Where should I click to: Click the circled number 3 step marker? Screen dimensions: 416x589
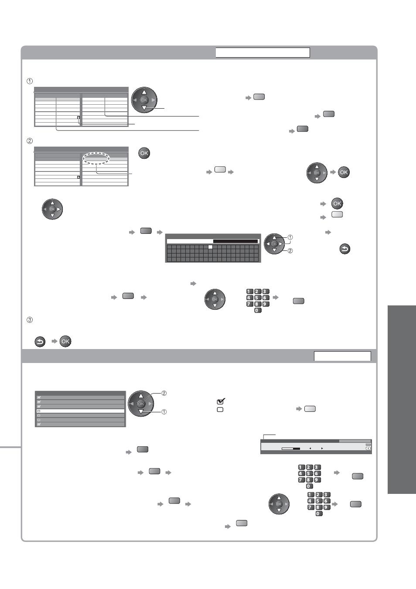30,320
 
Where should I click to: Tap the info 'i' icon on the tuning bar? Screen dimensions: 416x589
368,449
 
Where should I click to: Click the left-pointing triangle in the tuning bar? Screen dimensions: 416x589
310,449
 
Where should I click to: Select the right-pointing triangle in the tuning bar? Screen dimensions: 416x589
322,449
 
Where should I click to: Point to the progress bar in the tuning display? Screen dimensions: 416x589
291,449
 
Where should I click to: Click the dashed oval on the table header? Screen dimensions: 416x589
96,158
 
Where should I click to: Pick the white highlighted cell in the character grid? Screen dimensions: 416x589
210,247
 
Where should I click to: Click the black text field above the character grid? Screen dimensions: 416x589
235,241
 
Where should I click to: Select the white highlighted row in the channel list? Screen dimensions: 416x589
80,411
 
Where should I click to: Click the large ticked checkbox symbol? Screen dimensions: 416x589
221,401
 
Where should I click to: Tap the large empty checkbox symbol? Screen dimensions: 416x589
220,410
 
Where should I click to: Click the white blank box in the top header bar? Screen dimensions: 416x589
263,52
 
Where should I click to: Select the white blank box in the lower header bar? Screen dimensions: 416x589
342,356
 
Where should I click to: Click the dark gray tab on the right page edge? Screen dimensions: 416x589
402,399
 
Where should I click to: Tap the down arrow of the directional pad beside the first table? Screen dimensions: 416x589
144,108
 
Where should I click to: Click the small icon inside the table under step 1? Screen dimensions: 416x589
78,117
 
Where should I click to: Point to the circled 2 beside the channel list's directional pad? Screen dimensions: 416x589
164,393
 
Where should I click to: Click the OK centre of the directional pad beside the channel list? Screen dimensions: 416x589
141,404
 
